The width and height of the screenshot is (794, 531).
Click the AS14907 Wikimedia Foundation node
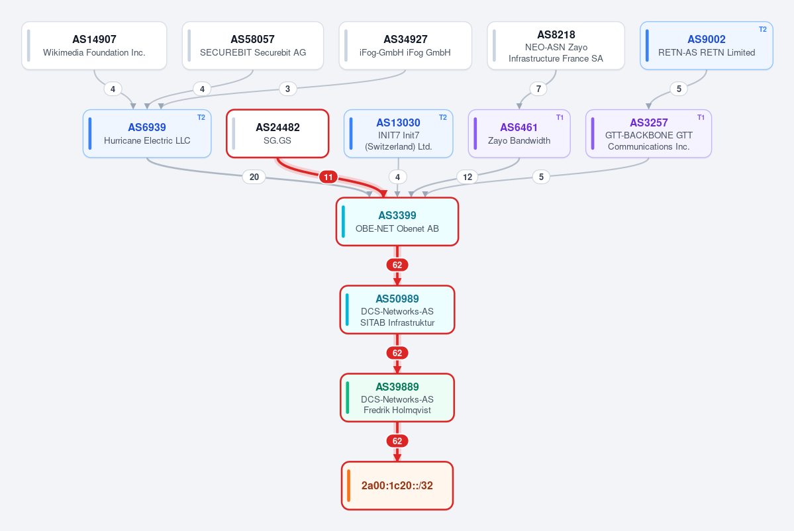pos(94,46)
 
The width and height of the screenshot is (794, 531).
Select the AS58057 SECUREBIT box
pos(253,46)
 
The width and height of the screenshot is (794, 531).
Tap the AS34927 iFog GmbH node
pos(405,46)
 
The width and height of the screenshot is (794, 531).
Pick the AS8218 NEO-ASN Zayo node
pos(556,46)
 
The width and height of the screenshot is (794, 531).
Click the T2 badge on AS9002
pos(763,29)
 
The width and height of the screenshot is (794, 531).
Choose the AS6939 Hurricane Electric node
pos(147,134)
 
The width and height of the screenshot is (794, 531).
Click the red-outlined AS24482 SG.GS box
pos(277,134)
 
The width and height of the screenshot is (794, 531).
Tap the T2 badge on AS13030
pos(442,117)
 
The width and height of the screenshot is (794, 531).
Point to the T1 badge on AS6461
pos(560,117)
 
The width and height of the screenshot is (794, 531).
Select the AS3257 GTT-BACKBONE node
pos(649,134)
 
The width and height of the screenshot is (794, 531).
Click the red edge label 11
pos(328,177)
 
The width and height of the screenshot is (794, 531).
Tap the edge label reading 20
pos(254,177)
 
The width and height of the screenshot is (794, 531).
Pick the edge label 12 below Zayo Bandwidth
pos(468,177)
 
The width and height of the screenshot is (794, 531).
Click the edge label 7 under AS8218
pos(538,89)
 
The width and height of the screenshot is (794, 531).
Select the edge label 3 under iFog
pos(287,89)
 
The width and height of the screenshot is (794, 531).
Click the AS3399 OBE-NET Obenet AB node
pos(397,222)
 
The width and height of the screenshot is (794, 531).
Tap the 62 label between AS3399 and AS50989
pos(397,265)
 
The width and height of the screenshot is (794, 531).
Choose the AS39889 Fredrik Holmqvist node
pos(397,398)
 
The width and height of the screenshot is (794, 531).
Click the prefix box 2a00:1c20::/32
pos(397,486)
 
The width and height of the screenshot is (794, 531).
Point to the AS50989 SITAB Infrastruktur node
pos(397,310)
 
